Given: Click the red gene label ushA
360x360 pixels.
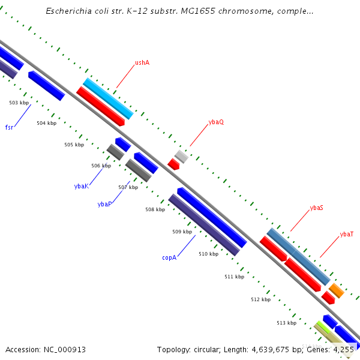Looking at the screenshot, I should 142,62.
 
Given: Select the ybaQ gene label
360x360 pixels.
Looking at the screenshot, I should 216,122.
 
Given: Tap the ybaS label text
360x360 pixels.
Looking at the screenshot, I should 317,208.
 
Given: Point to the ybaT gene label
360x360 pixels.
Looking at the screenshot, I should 347,235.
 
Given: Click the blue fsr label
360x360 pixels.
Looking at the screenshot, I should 9,127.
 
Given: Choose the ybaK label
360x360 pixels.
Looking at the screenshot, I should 82,186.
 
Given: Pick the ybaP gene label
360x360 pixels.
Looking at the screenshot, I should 104,204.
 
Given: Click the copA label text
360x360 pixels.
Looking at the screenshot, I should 169,257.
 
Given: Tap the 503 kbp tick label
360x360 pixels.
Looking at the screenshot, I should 19,103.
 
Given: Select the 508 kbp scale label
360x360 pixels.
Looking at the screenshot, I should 155,210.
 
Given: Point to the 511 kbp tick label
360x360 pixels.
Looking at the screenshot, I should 234,277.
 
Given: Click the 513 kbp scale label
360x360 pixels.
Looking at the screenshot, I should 286,323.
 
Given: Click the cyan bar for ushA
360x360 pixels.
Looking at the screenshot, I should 108,98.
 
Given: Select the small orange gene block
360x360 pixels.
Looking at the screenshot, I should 336,290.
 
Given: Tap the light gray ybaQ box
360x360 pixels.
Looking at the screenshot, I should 181,156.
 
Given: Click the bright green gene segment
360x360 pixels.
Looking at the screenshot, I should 323,328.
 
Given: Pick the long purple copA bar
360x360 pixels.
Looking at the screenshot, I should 203,225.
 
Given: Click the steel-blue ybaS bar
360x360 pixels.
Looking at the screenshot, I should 298,256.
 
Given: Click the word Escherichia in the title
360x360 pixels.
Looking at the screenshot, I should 67,11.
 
